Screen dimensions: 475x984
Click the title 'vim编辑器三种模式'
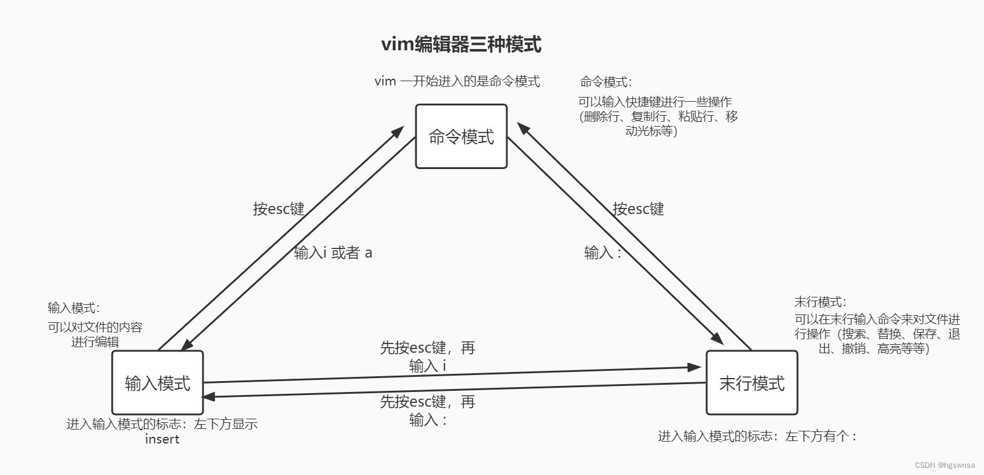click(x=461, y=44)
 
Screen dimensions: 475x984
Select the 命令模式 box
click(x=461, y=136)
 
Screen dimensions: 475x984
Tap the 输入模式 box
click(x=157, y=382)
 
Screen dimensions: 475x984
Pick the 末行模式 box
click(x=751, y=382)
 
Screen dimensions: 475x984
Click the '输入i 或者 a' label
click(x=333, y=253)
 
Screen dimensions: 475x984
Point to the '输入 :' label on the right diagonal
click(x=603, y=253)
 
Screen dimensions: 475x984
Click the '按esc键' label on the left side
click(x=279, y=209)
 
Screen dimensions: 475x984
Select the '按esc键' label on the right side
click(x=638, y=209)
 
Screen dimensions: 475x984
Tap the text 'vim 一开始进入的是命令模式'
click(x=457, y=81)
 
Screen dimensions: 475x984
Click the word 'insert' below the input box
click(x=162, y=439)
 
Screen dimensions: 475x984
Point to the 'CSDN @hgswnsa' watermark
click(x=945, y=465)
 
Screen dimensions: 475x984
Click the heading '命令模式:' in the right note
click(x=606, y=82)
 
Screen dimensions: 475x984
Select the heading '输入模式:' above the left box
click(x=73, y=308)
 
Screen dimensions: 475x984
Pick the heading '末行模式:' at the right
click(x=820, y=302)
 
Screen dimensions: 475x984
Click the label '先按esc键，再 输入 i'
click(x=428, y=356)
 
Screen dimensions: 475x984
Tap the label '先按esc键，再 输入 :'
click(x=428, y=410)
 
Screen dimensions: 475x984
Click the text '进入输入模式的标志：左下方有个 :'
click(x=758, y=436)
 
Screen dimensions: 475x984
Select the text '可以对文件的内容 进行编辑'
click(x=95, y=334)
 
